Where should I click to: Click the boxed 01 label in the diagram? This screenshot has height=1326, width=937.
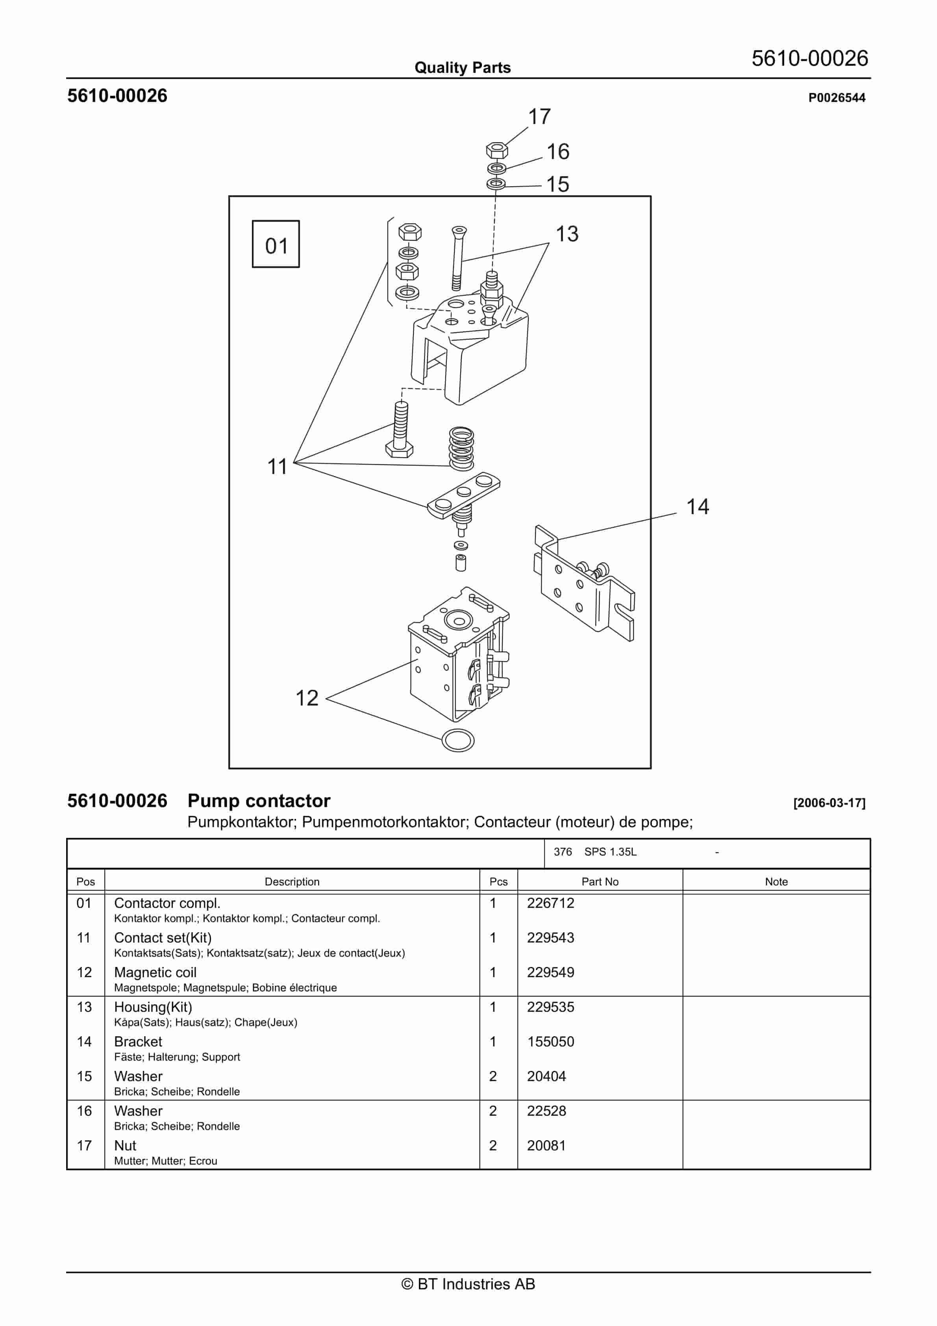276,244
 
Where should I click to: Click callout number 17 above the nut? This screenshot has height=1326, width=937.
539,117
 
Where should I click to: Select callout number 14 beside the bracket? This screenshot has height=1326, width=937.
697,506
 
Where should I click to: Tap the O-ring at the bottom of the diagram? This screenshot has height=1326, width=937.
457,741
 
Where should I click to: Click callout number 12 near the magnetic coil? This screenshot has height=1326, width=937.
307,698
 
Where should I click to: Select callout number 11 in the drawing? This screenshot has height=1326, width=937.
277,466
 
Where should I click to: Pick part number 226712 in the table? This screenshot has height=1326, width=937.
550,903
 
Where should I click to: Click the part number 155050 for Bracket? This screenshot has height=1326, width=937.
550,1042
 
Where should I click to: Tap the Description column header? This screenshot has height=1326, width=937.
292,882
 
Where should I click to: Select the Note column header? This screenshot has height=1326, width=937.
776,882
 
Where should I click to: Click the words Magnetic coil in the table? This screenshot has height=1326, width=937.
155,972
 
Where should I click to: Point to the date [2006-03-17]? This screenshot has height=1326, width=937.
829,803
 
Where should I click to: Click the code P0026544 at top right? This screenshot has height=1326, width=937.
837,98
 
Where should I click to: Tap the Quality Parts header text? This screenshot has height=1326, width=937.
462,68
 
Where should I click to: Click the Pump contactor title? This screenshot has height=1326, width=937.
259,801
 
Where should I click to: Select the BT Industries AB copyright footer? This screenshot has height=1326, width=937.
468,1284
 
